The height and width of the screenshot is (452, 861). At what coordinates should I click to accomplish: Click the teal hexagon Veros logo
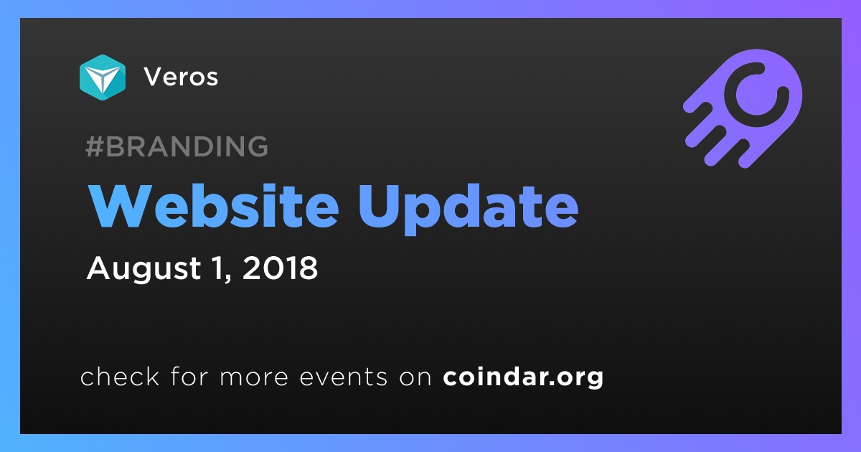pos(103,77)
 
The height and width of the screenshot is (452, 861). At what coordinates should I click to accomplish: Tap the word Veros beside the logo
pos(181,77)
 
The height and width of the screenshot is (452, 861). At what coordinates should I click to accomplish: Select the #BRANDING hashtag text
pos(177,146)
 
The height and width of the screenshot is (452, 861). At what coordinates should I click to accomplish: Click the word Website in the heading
pos(214,207)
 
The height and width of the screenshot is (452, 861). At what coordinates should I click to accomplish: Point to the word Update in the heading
pos(468,209)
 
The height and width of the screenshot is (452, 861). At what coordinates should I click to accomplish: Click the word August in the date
pos(144,268)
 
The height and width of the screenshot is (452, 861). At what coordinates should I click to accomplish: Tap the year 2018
pos(281,268)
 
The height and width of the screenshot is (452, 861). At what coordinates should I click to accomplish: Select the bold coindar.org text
pos(523,377)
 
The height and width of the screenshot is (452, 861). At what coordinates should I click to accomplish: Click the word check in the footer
pos(120,376)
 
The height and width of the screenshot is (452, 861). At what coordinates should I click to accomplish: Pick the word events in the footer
pos(344,377)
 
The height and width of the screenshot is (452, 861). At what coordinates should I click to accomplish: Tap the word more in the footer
pos(254,377)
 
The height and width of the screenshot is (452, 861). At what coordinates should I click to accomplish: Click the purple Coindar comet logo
pos(743,108)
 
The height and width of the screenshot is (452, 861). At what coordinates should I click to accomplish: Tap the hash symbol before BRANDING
pos(94,146)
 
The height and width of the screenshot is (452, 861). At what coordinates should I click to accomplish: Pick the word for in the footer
pos(189,376)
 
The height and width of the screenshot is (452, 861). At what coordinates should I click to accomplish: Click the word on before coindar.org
pos(415,377)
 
